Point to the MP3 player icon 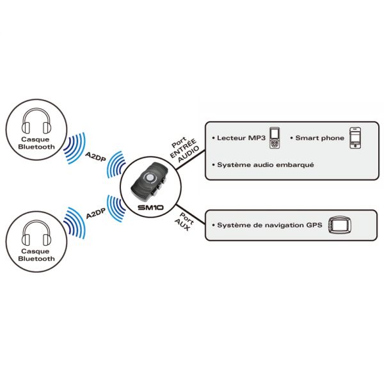275,137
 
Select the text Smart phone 319,138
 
